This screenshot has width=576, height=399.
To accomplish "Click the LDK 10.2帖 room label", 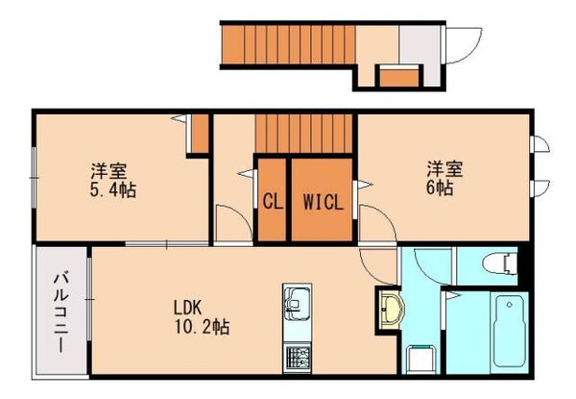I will click(x=201, y=316).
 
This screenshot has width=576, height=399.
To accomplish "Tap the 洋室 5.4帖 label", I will click(x=113, y=180).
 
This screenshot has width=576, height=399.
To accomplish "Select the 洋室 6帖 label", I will click(x=445, y=179).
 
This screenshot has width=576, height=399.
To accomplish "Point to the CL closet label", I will click(x=272, y=203).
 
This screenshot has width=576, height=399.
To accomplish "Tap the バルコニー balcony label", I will click(x=61, y=312).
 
